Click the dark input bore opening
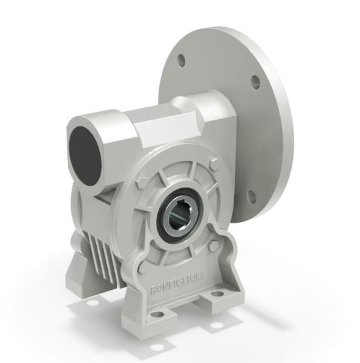(84, 154)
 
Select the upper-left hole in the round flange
(181, 59)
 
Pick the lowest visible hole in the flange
(252, 195)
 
